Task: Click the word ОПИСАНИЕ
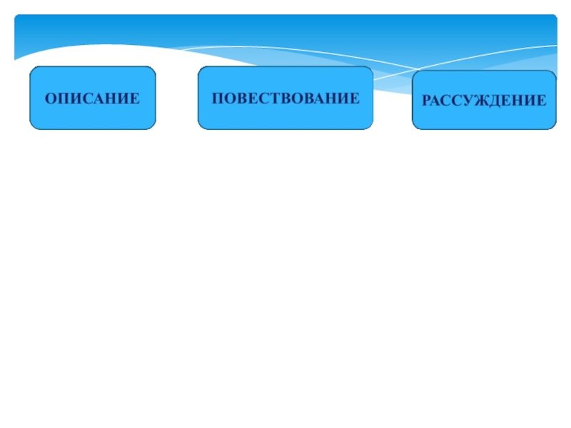92,98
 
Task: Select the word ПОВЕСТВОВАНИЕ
285,98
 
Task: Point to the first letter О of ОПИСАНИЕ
51,98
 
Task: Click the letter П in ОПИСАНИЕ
63,98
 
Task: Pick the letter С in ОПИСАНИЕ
86,98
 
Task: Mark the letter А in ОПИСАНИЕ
98,98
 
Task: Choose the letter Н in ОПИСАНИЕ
110,98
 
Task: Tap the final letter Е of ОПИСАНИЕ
133,98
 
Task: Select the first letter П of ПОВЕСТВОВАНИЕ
217,98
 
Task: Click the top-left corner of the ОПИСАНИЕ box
31,68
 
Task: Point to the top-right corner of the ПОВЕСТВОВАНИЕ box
372,68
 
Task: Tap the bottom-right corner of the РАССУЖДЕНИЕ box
555,128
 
